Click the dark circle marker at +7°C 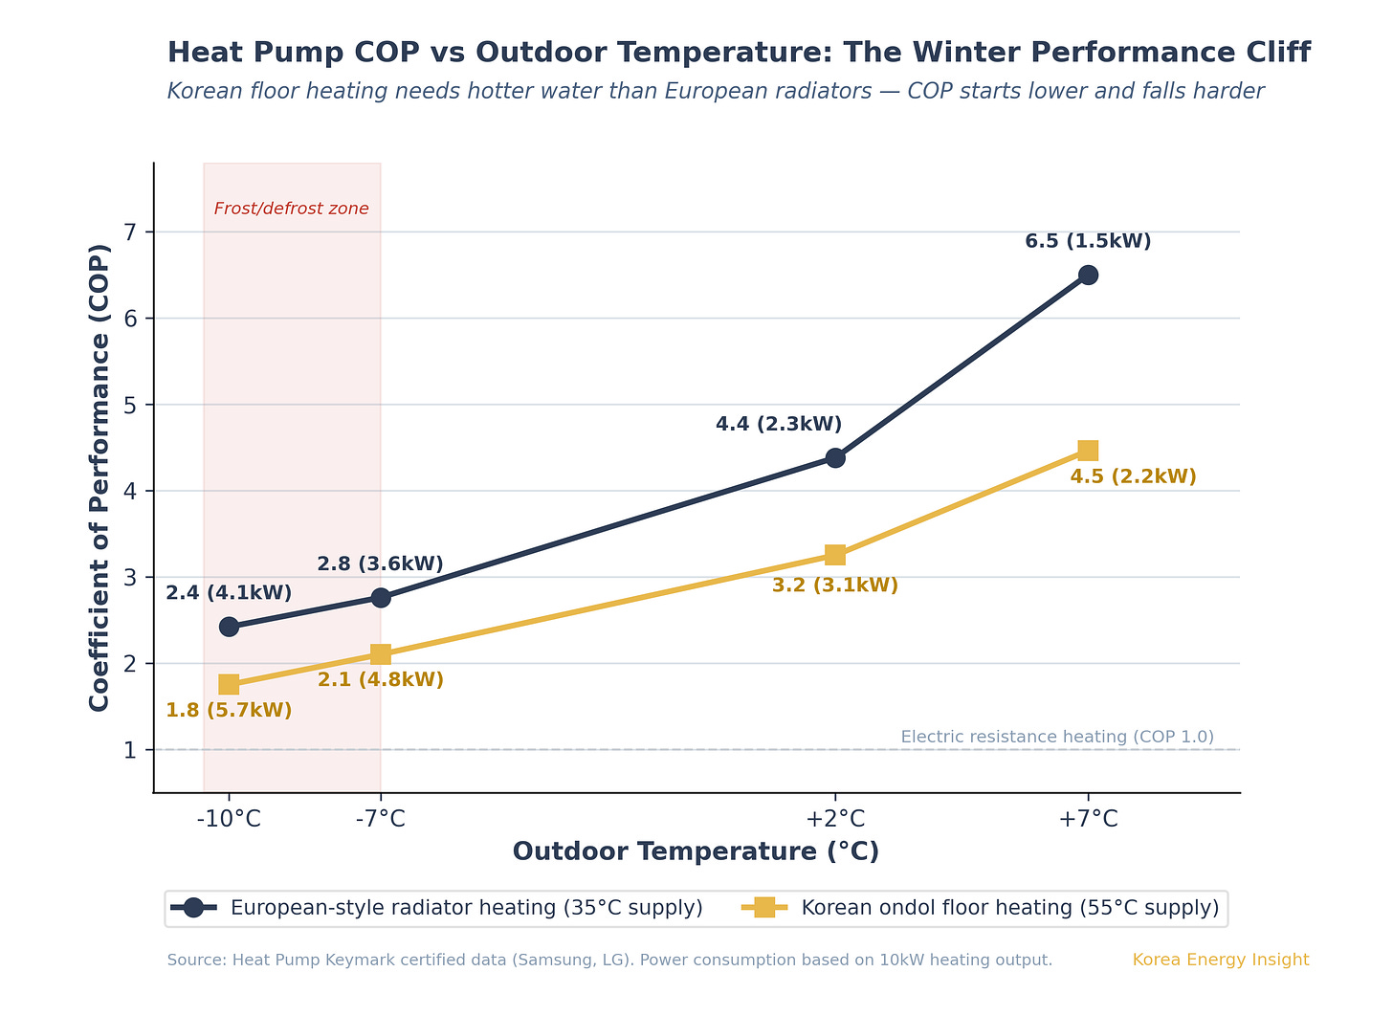tap(1088, 275)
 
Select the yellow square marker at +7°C tap(1088, 451)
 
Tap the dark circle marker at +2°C tap(835, 457)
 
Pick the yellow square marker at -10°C tap(229, 684)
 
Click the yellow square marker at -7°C tap(381, 654)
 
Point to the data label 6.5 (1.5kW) tap(1088, 241)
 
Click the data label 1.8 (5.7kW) tap(229, 710)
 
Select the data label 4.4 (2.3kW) tap(779, 424)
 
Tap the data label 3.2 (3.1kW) tap(835, 585)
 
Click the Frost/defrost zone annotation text tap(291, 209)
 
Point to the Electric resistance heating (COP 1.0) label tap(1057, 737)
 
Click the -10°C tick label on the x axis tap(229, 819)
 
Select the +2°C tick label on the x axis tap(835, 819)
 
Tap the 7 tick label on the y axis tap(131, 232)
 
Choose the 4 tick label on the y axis tap(131, 492)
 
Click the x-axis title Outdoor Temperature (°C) tap(696, 851)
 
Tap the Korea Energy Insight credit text tap(1220, 960)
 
